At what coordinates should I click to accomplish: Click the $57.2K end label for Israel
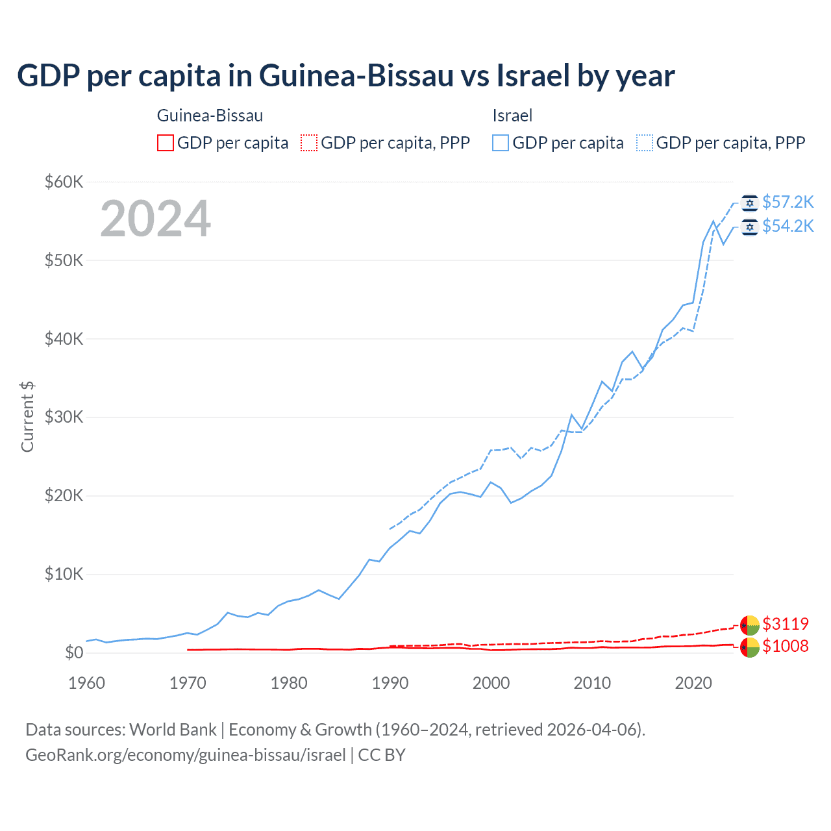(x=788, y=203)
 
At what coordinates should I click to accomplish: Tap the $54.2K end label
(x=788, y=226)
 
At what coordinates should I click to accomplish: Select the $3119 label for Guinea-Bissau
(x=785, y=624)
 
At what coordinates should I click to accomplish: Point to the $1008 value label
(x=785, y=646)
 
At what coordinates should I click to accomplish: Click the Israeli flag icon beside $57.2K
(x=750, y=203)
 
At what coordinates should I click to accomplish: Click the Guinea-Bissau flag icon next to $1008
(x=750, y=647)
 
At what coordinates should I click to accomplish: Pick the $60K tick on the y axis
(x=64, y=182)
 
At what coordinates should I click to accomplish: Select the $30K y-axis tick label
(x=64, y=417)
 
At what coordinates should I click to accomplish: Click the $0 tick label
(x=74, y=652)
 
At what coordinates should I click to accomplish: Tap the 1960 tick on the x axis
(x=86, y=683)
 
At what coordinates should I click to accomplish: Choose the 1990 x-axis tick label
(x=390, y=683)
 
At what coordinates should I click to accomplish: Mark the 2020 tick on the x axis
(x=693, y=683)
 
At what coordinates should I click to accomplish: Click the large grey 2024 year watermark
(x=155, y=219)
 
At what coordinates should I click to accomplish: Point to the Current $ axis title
(x=27, y=417)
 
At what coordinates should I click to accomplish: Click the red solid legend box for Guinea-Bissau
(x=166, y=143)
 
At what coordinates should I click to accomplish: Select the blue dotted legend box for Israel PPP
(x=645, y=143)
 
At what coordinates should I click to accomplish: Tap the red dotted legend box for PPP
(x=309, y=143)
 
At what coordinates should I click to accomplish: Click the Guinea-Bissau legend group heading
(x=210, y=116)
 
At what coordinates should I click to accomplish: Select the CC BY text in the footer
(x=382, y=755)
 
